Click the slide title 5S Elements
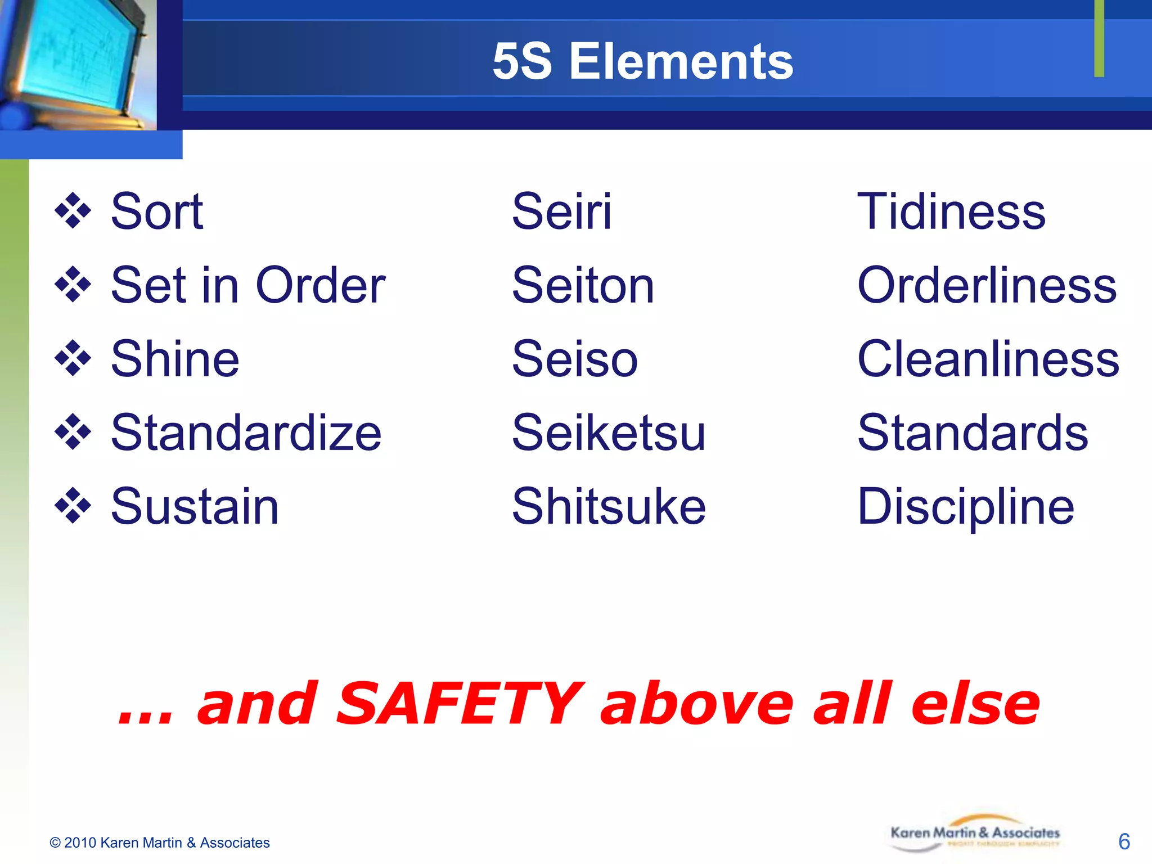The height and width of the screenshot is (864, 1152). (642, 61)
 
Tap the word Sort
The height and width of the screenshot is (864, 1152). (157, 211)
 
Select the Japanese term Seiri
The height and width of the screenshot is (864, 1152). (561, 211)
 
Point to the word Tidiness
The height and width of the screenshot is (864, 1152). (951, 211)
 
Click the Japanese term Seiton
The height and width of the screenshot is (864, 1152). (583, 286)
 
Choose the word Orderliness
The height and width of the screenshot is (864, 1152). (987, 286)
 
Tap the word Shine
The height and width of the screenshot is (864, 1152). (175, 359)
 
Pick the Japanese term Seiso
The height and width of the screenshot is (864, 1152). (575, 359)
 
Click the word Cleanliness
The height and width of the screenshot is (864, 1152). (988, 359)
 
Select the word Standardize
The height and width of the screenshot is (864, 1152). (246, 433)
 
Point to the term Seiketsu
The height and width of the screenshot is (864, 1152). (609, 433)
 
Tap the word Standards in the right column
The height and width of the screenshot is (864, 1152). (973, 433)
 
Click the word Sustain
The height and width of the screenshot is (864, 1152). (195, 506)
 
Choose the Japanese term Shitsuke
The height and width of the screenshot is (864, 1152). (609, 506)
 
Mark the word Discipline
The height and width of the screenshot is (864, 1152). (966, 507)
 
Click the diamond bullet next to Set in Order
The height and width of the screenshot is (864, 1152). (73, 285)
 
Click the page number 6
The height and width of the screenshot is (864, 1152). (1124, 841)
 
